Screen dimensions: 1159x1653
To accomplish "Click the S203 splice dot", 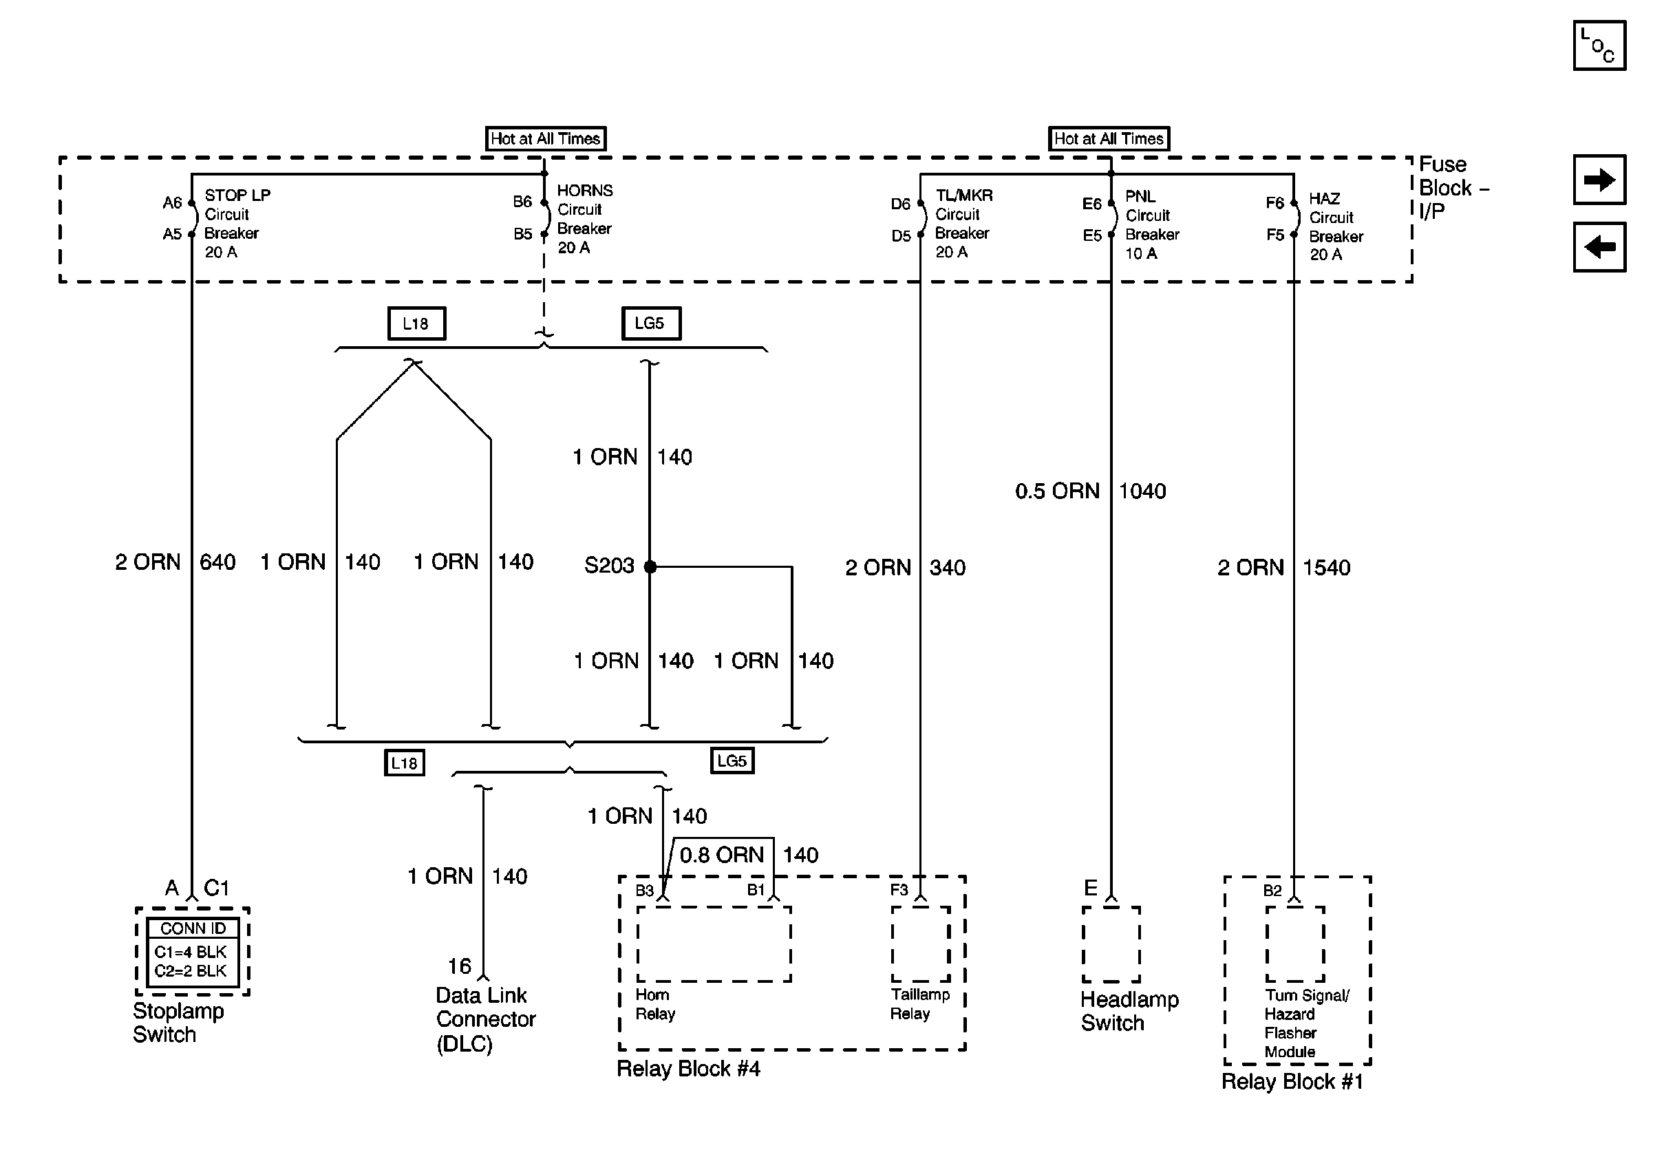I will tap(650, 566).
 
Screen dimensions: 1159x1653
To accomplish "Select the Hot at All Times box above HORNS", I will tap(545, 138).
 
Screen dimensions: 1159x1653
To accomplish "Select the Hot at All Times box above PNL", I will tap(1108, 138).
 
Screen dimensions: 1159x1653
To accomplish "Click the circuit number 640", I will tap(217, 562).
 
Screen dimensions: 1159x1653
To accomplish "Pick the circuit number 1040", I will tap(1142, 491).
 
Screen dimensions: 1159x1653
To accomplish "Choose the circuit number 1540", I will tap(1326, 568).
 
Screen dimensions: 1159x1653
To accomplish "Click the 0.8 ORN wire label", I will tap(721, 855).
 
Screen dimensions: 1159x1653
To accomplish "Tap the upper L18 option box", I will tap(416, 323).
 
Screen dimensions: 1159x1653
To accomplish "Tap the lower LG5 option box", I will tap(732, 761).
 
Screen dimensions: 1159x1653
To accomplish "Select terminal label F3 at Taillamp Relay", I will tap(899, 890).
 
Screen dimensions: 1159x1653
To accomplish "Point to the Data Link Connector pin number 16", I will tap(459, 966).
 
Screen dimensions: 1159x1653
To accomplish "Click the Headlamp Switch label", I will tap(1128, 1011).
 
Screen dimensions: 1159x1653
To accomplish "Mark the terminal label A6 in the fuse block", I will tap(172, 203).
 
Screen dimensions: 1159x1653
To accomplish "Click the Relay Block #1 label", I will tap(1292, 1081).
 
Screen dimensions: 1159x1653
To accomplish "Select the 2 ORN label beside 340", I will tap(877, 568).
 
